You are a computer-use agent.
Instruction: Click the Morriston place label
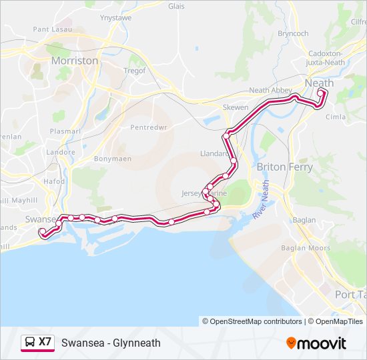point(75,61)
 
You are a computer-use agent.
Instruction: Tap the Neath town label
point(319,83)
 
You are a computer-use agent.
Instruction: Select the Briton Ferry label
point(284,167)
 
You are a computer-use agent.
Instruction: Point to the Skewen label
point(236,107)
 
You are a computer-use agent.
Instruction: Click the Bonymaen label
point(112,159)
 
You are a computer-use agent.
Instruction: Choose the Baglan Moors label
point(310,248)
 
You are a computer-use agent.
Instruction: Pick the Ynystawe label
point(115,19)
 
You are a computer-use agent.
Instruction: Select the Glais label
point(176,6)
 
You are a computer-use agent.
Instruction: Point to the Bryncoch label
point(293,33)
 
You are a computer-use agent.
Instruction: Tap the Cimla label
point(335,117)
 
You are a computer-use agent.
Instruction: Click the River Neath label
point(262,200)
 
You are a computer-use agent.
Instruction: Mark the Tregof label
point(134,71)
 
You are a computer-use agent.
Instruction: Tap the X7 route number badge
point(45,342)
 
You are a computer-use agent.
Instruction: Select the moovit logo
point(316,343)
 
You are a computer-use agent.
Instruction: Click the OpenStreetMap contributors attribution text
point(256,321)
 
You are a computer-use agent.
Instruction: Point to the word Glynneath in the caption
point(137,343)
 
